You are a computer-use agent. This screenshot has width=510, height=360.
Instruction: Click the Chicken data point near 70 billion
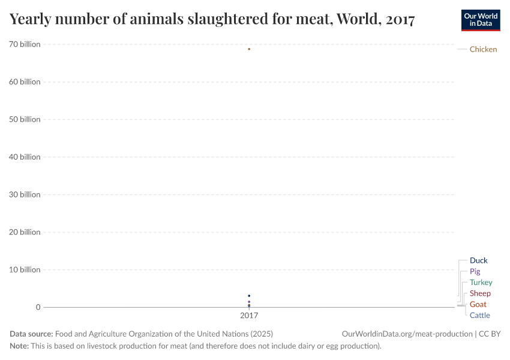click(x=249, y=49)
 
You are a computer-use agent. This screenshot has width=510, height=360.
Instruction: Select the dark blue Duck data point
click(x=249, y=296)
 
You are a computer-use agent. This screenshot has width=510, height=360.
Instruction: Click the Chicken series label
click(x=483, y=49)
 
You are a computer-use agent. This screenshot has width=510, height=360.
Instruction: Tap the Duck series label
click(x=478, y=260)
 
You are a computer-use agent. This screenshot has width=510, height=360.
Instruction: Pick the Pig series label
click(x=475, y=271)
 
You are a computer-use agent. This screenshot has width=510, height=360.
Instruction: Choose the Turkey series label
click(x=481, y=282)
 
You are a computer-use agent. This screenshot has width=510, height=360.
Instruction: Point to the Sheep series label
click(x=480, y=293)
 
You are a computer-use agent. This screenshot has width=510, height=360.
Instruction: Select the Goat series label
click(x=478, y=304)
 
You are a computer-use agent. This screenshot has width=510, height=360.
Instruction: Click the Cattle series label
click(x=479, y=315)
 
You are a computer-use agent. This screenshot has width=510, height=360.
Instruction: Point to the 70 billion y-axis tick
click(x=25, y=44)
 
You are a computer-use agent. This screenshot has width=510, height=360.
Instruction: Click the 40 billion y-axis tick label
click(x=25, y=157)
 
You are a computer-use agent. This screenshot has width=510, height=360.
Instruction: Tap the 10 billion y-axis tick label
click(x=25, y=269)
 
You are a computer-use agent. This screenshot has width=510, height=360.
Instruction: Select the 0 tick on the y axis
click(x=38, y=307)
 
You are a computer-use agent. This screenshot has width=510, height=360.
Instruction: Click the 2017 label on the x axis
click(x=249, y=315)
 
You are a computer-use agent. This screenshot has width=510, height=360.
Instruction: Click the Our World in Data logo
click(x=480, y=20)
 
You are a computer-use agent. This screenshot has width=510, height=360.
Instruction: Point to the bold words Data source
click(x=31, y=334)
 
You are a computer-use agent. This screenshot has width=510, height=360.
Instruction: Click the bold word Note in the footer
click(x=19, y=346)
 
